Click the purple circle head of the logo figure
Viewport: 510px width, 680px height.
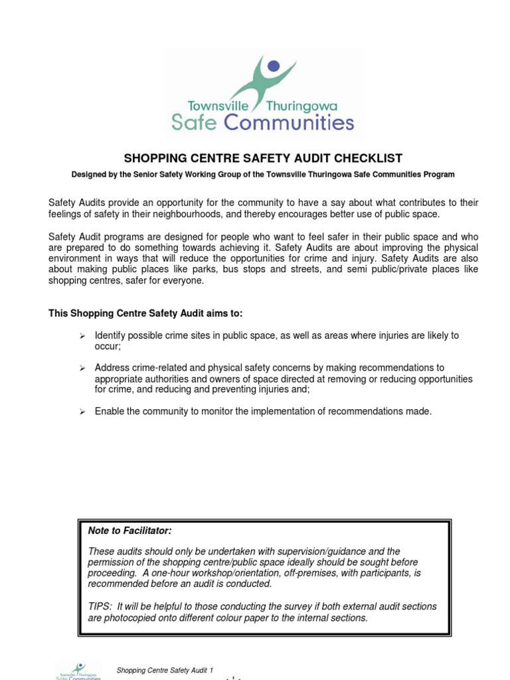(x=272, y=66)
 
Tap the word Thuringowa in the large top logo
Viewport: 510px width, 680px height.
(x=301, y=106)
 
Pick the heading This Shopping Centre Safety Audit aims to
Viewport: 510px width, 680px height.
(x=150, y=313)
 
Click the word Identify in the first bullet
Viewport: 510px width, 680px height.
(x=112, y=335)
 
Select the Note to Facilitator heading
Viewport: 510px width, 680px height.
(x=129, y=531)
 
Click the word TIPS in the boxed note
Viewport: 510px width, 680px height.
(x=100, y=606)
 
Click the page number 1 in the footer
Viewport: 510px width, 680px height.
(x=211, y=671)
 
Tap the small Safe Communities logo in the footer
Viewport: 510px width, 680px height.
(x=78, y=671)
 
